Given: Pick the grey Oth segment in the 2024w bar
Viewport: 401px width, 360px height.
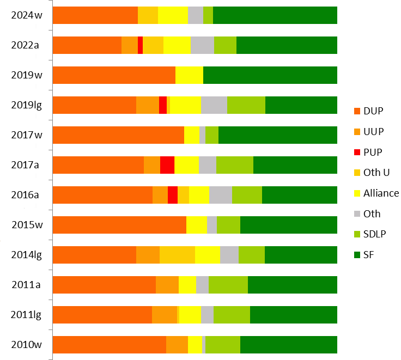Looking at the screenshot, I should pos(195,15).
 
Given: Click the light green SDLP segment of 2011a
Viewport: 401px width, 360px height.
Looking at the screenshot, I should pos(228,285).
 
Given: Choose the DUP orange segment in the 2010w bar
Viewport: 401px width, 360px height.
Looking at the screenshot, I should pos(109,345).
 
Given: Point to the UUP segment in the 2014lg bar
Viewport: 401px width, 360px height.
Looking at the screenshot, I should pos(148,255).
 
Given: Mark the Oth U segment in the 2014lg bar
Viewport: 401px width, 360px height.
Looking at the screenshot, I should pos(177,255).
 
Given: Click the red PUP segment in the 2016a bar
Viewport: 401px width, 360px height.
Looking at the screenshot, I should pos(172,195).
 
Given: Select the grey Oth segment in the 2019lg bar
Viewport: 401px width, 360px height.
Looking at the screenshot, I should pos(214,105).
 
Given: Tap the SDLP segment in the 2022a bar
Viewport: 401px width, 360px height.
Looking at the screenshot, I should pos(225,45).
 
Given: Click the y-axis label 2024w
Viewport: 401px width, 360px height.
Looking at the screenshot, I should pos(27,15).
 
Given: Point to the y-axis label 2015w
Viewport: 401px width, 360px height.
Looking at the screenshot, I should pos(27,225).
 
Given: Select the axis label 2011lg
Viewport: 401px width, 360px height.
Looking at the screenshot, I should pos(27,315).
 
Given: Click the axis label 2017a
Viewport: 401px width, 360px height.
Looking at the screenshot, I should pos(27,165).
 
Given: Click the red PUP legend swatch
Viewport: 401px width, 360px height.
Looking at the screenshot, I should pos(357,152).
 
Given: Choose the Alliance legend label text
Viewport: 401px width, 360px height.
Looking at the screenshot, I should pos(381,193).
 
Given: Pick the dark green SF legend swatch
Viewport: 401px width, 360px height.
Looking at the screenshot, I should pos(357,255).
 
